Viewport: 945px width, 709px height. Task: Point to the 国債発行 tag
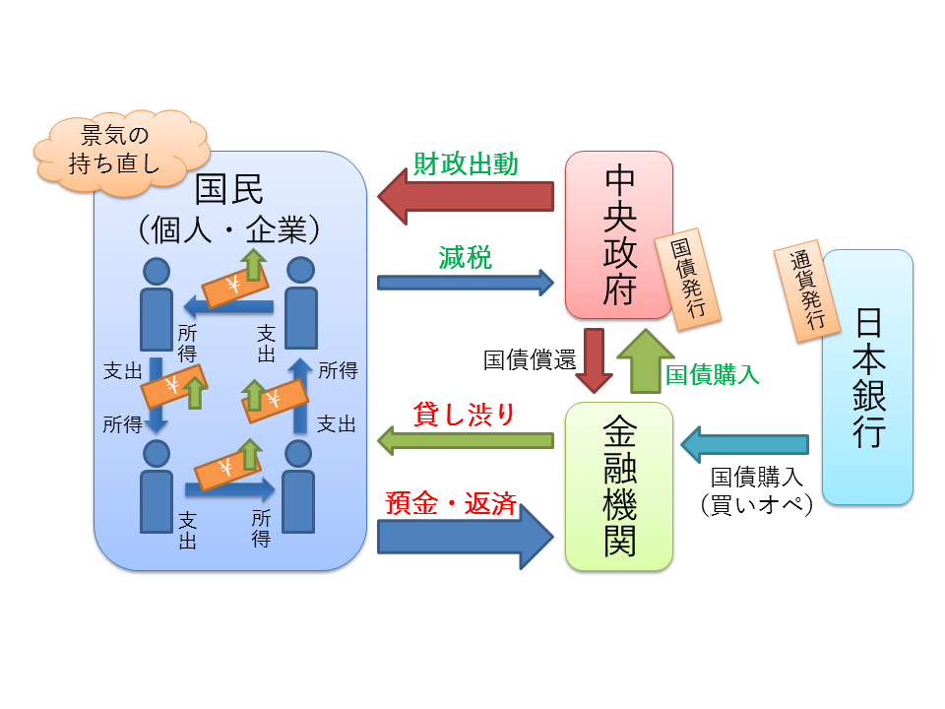point(694,280)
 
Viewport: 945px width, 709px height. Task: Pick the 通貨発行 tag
point(806,291)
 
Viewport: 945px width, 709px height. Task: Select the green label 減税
point(465,258)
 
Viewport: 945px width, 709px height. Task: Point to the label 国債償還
point(529,358)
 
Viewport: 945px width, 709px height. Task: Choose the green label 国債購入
point(712,374)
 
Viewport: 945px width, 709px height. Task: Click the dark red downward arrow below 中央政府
point(594,360)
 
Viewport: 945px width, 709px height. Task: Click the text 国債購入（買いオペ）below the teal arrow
point(756,490)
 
